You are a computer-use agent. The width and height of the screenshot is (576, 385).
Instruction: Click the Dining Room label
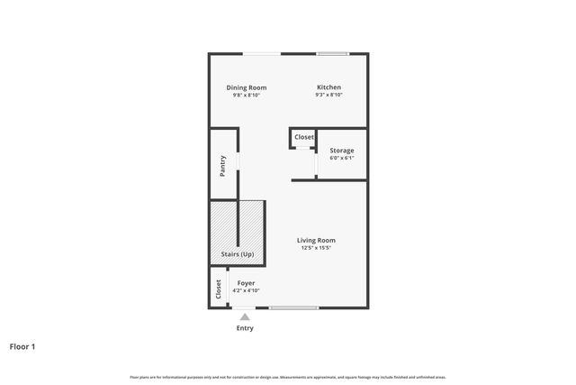point(246,87)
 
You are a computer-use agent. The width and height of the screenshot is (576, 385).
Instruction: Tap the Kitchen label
point(328,87)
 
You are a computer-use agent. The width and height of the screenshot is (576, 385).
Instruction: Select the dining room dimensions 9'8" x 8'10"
point(246,95)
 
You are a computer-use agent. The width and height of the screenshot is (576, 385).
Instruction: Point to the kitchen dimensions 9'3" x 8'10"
point(328,95)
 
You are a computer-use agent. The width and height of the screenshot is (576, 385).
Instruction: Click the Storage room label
point(341,151)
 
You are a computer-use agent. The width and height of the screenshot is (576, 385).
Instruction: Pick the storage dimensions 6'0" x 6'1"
point(341,158)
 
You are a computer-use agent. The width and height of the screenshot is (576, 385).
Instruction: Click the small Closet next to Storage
point(304,137)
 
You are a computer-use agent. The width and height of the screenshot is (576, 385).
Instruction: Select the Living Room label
point(316,240)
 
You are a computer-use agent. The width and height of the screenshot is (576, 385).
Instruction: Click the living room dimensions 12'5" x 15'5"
point(316,248)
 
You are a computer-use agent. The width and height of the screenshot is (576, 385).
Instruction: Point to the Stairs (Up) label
point(238,255)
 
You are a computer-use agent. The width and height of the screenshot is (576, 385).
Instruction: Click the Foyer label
point(246,282)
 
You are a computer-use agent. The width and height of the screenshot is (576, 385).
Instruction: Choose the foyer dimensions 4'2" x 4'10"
point(246,290)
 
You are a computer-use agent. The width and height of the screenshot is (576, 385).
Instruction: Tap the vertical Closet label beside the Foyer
point(218,289)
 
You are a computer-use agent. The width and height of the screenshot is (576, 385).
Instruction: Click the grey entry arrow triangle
point(244,316)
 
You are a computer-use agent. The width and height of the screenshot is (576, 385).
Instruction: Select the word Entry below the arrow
point(245,328)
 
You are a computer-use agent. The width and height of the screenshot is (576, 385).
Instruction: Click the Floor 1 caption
point(22,346)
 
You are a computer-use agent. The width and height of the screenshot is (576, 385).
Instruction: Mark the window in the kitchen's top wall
point(332,54)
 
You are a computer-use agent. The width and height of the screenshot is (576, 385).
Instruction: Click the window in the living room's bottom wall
point(293,308)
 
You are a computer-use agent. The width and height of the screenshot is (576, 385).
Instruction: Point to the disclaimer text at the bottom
point(288,377)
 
